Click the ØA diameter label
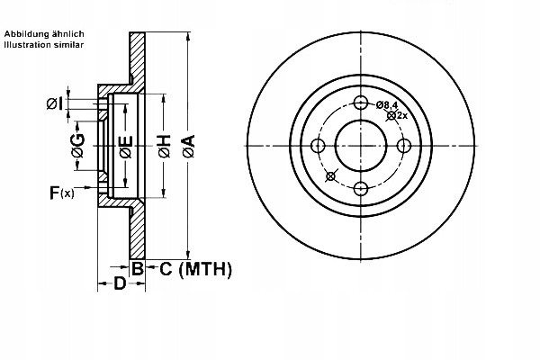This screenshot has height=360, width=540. pos(189,147)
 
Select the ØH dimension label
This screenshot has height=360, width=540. pos(165,147)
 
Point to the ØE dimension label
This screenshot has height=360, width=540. pos(126,147)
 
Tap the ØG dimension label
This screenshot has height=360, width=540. pos(78,146)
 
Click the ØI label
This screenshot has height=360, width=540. pos(55,103)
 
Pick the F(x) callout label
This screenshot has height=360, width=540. pos(61,193)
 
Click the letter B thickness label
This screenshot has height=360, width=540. pos(138,268)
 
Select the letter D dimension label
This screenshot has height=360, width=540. pos(120,283)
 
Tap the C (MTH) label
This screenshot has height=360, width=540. pos(195,269)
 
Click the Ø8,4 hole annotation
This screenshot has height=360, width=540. pos(387,104)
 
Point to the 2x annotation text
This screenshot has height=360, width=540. pos(402,116)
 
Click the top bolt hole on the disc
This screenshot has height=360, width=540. pos(361,103)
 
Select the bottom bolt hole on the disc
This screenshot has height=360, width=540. pos(361,189)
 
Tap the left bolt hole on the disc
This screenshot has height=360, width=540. pos(318,146)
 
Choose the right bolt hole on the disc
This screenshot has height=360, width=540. pos(404,146)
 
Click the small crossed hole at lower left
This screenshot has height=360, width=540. pos(330,176)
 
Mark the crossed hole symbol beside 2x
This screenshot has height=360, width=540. pos(391,116)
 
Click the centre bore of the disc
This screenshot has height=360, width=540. pos(361,146)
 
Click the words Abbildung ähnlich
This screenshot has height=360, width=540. pos(44,34)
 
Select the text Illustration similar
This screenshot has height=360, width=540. pos(44,44)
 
